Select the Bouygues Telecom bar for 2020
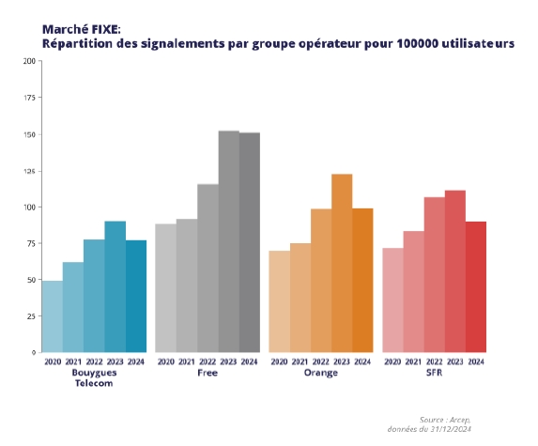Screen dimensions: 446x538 coord(53,316)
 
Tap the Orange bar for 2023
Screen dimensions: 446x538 coord(342,263)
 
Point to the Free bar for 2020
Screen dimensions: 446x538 coord(165,287)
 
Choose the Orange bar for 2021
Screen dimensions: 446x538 coord(300,298)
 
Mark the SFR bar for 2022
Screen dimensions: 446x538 coord(435,274)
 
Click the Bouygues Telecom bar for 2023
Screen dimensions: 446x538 coord(115,286)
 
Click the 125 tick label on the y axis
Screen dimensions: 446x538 coord(30,171)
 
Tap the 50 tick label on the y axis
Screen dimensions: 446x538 coord(32,280)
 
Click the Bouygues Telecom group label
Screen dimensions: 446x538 coord(94,377)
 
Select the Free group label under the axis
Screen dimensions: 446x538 coord(208,373)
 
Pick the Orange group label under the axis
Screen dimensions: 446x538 coord(321,373)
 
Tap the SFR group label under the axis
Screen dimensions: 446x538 coord(435,373)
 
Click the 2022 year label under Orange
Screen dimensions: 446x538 coord(321,361)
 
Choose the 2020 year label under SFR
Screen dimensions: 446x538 coord(393,361)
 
